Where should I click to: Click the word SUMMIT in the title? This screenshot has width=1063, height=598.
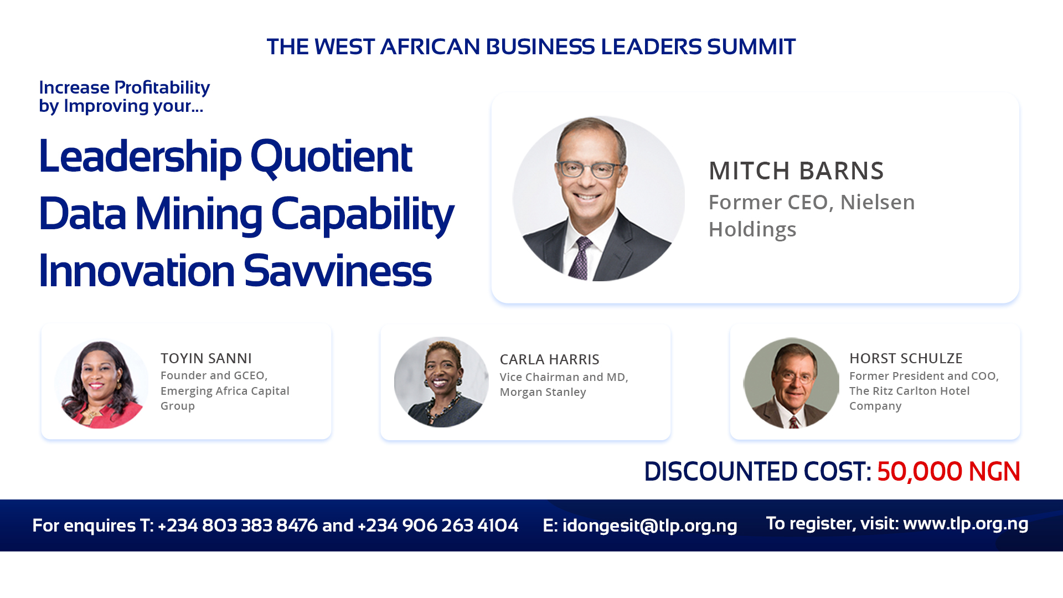(x=751, y=47)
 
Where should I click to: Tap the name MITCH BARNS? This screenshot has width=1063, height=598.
(x=796, y=171)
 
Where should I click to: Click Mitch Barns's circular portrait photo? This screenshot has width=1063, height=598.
(x=598, y=198)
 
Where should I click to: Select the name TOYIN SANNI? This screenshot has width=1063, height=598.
(x=206, y=358)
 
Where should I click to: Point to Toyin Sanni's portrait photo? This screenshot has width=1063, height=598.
(x=101, y=383)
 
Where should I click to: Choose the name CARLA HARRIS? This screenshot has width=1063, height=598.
(x=549, y=359)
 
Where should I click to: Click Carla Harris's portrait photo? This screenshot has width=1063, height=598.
(x=441, y=382)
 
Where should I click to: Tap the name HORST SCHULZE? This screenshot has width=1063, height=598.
(x=906, y=358)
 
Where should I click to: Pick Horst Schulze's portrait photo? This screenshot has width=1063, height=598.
(x=791, y=383)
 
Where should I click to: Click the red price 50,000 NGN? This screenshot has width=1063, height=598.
(x=948, y=472)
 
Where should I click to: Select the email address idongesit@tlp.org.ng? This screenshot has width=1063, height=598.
(x=649, y=525)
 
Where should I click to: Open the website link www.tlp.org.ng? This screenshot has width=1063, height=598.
(x=966, y=523)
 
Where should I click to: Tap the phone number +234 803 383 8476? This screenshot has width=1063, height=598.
(x=238, y=525)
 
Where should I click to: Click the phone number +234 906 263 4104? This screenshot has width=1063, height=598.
(x=438, y=525)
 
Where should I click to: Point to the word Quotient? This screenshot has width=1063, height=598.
(x=331, y=157)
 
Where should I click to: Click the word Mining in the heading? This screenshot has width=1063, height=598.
(x=199, y=215)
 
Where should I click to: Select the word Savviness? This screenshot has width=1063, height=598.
(x=337, y=271)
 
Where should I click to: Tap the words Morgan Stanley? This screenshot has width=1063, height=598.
(x=543, y=392)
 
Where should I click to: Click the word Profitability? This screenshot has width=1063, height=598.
(x=162, y=88)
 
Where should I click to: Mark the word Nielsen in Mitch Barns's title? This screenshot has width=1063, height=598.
(x=878, y=202)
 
